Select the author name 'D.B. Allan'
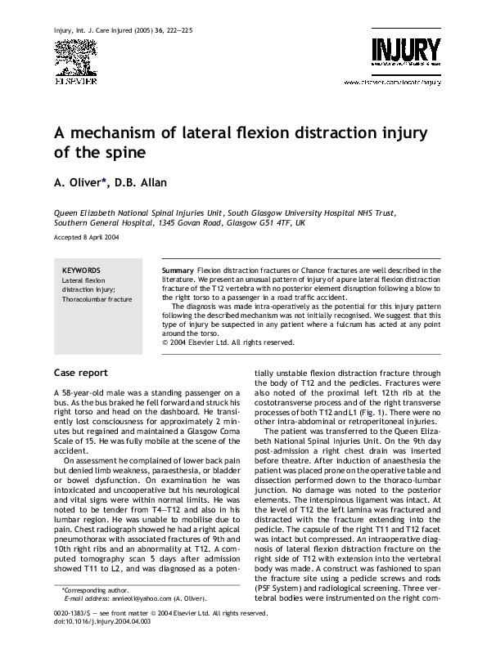152,181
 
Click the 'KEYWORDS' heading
81,270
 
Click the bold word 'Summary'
178,270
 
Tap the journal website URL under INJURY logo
392,83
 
